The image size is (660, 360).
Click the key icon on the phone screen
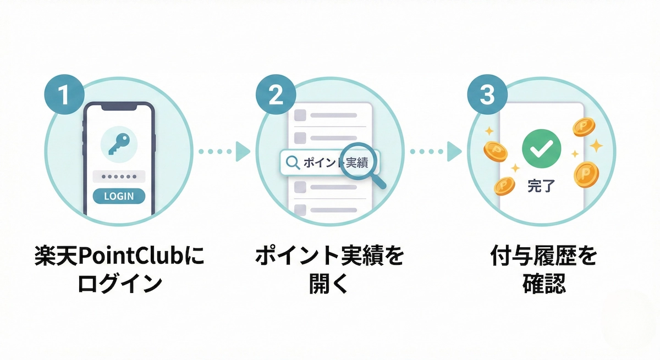pos(119,143)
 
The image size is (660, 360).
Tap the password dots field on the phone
pos(118,177)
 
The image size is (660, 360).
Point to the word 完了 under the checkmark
pos(541,186)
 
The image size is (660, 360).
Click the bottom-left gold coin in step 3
pos(504,186)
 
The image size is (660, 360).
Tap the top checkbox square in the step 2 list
pos(300,115)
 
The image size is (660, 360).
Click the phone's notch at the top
pos(119,108)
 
